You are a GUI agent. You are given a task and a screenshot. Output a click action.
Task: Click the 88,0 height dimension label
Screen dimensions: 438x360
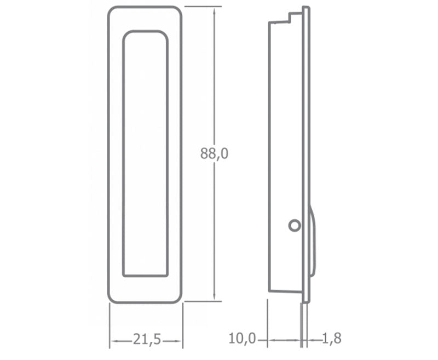tap(214, 153)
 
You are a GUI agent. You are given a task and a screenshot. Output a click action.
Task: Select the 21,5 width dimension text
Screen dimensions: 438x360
tap(147, 339)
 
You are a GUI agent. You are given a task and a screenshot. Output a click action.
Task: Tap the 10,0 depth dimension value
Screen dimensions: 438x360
tap(242, 339)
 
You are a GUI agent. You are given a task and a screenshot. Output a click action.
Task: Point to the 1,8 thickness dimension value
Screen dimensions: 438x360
tap(332, 339)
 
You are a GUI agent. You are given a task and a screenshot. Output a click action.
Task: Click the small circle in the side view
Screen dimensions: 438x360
tap(295, 225)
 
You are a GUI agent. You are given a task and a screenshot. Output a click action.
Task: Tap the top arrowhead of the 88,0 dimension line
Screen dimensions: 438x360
tap(214, 10)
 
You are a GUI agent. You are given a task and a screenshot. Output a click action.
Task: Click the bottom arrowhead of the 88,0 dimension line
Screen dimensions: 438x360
tap(214, 297)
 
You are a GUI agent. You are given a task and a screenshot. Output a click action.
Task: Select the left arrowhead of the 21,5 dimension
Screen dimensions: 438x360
tap(114, 341)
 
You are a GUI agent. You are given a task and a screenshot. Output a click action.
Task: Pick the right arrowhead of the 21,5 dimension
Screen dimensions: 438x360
tap(178, 341)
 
